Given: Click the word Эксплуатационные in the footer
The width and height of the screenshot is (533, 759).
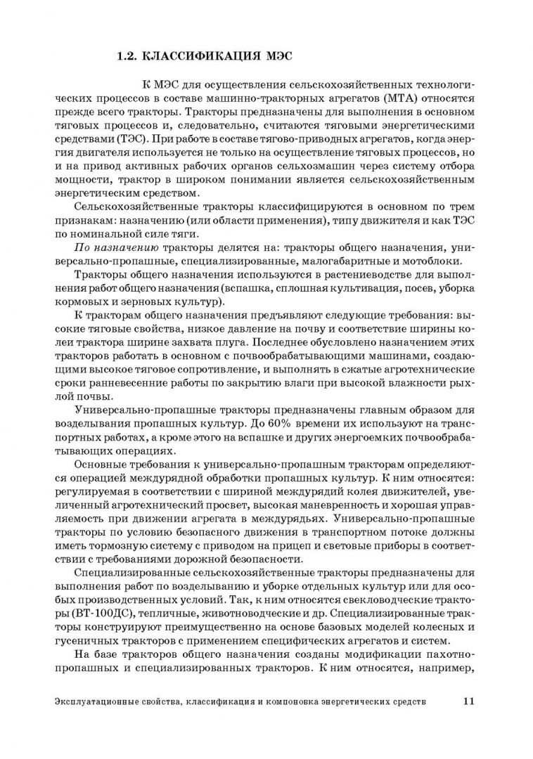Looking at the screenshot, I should pyautogui.click(x=98, y=701).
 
